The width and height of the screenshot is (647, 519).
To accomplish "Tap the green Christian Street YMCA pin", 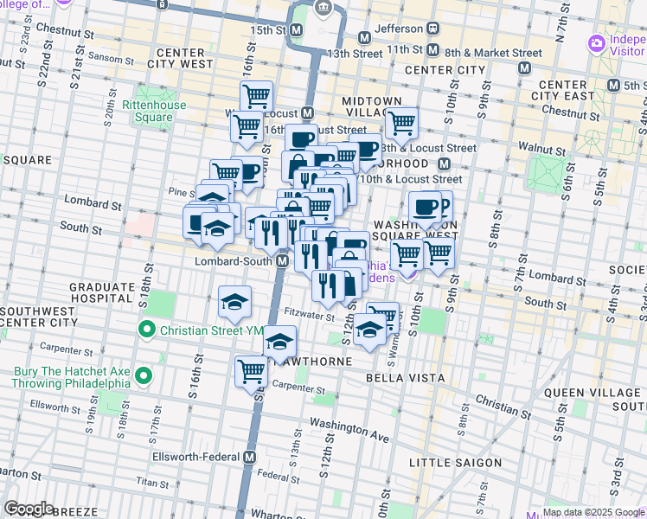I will pyautogui.click(x=147, y=330).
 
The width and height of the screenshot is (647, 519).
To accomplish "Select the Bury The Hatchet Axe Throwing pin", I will pyautogui.click(x=143, y=376).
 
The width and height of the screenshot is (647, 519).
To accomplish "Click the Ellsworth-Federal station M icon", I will pyautogui.click(x=251, y=457).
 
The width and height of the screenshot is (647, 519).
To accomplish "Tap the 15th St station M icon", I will pyautogui.click(x=297, y=30).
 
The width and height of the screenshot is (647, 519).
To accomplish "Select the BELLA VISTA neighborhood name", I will pyautogui.click(x=405, y=378).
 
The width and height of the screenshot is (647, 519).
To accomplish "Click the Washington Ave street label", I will pyautogui.click(x=349, y=431).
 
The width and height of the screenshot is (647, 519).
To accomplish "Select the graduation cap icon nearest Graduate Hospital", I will pyautogui.click(x=234, y=302).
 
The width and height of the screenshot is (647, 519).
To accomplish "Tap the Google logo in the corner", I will pyautogui.click(x=29, y=509).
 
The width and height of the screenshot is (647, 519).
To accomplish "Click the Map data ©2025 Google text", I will pyautogui.click(x=593, y=512).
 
